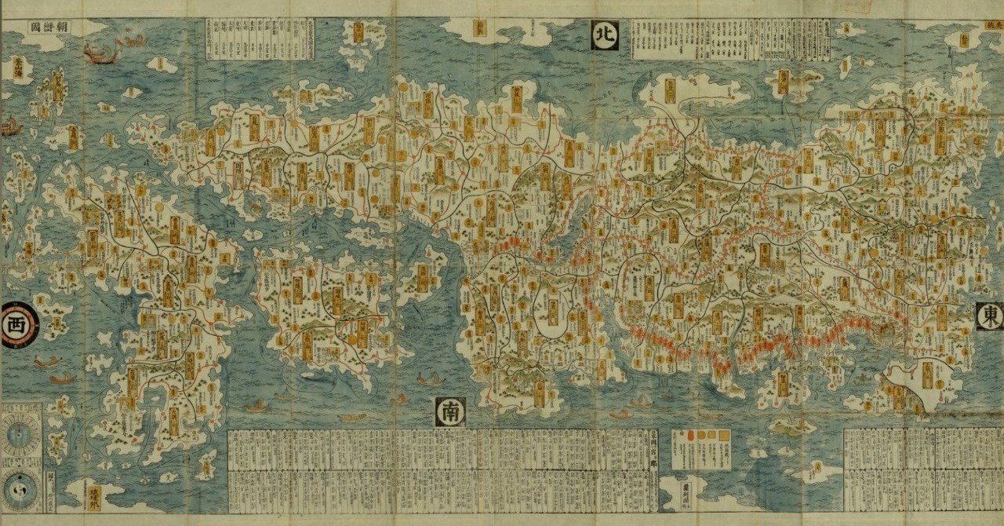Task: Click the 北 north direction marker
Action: coord(605,35)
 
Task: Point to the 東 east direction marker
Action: coord(990,316)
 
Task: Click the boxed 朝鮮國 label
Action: coord(49,27)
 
